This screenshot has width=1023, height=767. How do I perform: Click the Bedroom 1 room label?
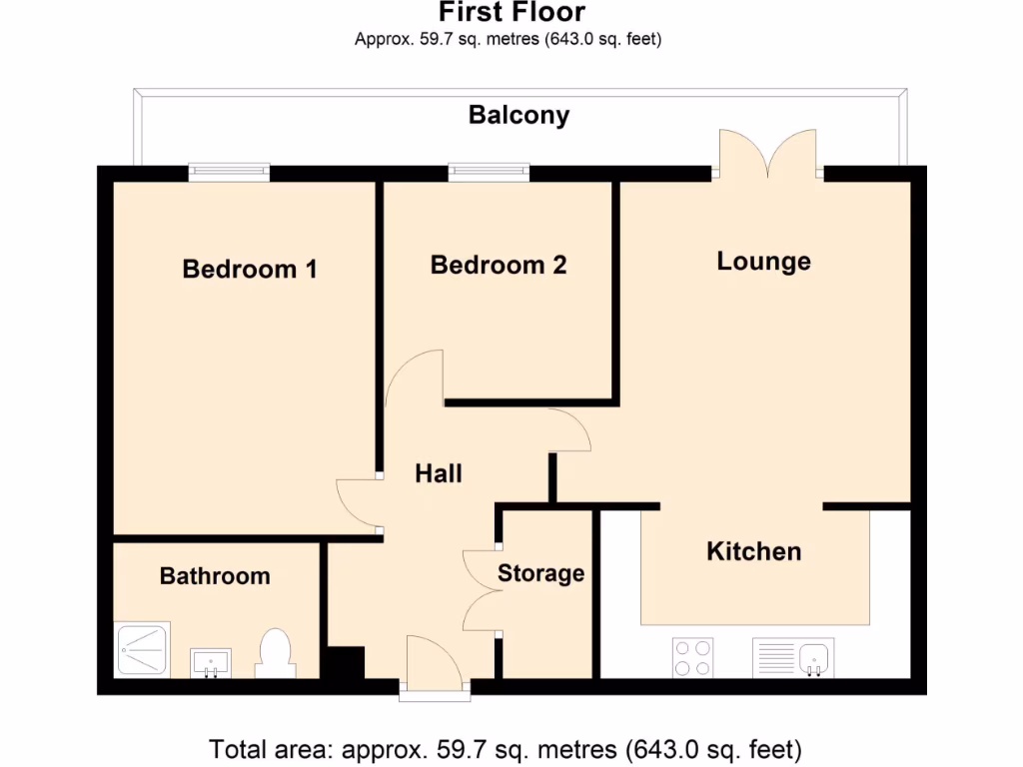(250, 269)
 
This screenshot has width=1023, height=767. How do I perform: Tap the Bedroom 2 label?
(499, 265)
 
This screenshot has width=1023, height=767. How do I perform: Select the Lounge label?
(764, 262)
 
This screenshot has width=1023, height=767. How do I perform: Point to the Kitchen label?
(753, 551)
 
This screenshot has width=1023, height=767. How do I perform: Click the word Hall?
(439, 473)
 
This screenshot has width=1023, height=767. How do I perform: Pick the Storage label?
(540, 573)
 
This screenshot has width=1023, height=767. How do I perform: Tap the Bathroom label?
(215, 576)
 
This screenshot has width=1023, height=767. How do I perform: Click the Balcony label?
(519, 115)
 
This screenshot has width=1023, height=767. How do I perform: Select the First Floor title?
(511, 13)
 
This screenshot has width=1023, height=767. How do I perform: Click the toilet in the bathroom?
(273, 652)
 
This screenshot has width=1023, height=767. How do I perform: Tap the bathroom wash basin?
(211, 661)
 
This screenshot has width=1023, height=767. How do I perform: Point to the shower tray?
(144, 651)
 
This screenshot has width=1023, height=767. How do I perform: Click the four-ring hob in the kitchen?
(692, 657)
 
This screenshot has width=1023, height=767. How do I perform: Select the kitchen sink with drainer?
(793, 657)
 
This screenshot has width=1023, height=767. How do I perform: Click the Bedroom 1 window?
(230, 172)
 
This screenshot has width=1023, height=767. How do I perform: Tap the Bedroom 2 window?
(489, 172)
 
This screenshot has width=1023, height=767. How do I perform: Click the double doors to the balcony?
(769, 155)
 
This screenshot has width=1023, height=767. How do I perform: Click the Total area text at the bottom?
(505, 748)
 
